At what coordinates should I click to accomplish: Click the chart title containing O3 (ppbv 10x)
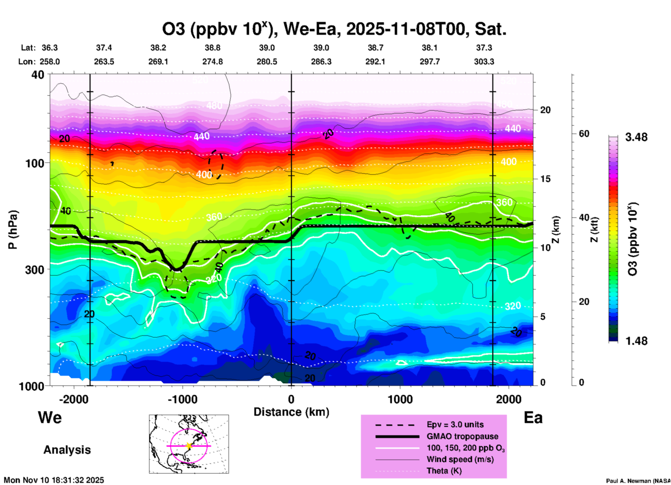[334, 29]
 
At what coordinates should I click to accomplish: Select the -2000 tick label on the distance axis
[74, 399]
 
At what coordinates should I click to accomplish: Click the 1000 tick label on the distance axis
[400, 399]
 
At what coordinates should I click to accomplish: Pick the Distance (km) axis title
[291, 412]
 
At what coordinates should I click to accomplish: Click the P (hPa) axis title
[13, 229]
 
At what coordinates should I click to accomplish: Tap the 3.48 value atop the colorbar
[636, 137]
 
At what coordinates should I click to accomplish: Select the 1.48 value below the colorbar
[636, 341]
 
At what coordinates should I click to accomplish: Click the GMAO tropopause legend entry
[462, 436]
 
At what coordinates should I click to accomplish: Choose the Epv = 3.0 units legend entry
[455, 425]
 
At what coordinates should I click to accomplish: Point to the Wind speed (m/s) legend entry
[460, 459]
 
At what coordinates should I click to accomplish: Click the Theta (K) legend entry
[444, 471]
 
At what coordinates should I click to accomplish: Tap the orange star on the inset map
[189, 446]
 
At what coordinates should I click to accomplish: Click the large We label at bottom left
[50, 418]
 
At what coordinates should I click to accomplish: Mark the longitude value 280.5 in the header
[267, 62]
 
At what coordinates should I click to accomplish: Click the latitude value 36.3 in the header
[50, 48]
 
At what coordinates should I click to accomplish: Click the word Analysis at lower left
[67, 450]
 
